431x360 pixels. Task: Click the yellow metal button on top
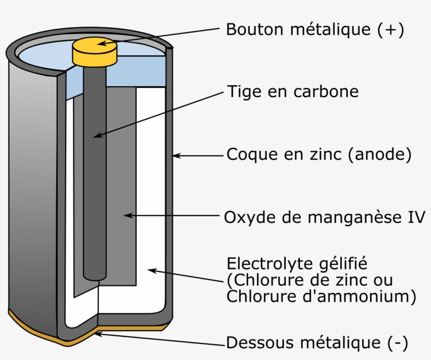[x=93, y=52]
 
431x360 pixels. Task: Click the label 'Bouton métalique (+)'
[x=314, y=30]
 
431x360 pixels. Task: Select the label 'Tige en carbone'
[x=292, y=92]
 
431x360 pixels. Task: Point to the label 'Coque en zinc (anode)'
[x=318, y=155]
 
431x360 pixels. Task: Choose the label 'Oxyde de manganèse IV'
[x=324, y=217]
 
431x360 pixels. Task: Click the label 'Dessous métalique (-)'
[x=316, y=344]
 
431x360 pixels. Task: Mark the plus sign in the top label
[x=389, y=30]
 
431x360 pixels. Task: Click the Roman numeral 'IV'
[x=415, y=217]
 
